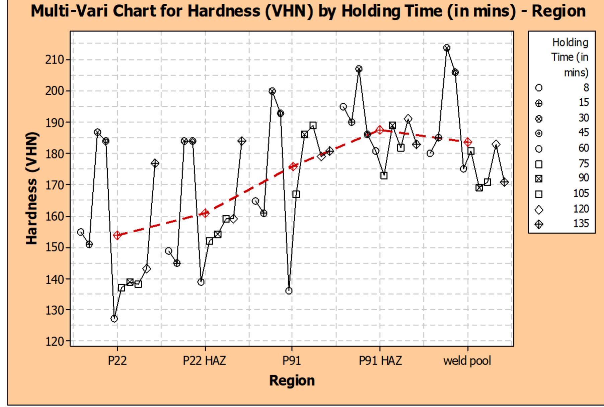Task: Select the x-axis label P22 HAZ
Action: click(x=204, y=361)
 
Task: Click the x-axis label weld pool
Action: click(x=467, y=361)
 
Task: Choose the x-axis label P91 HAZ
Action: click(x=380, y=361)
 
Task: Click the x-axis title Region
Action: click(x=292, y=381)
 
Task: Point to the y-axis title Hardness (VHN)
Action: click(x=32, y=189)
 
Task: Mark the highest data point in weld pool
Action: click(x=447, y=48)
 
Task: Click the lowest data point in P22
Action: click(x=114, y=319)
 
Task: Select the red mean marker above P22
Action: click(x=117, y=235)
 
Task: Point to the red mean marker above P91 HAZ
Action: click(x=380, y=130)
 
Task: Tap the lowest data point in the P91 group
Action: click(x=289, y=291)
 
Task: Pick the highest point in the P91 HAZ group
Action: click(x=359, y=69)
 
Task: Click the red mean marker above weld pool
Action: click(x=468, y=142)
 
